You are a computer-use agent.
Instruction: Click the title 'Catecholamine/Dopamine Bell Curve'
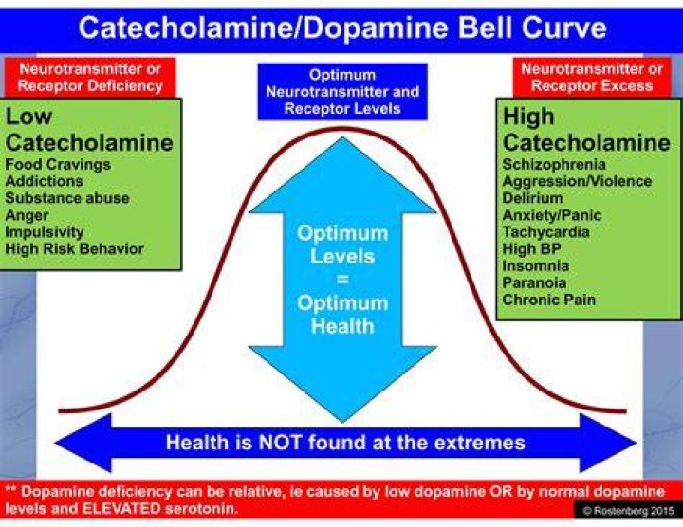point(342,27)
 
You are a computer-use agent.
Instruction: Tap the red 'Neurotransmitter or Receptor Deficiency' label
point(90,78)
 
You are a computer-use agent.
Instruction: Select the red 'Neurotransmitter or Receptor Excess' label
point(592,78)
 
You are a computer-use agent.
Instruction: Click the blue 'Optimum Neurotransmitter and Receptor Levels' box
point(342,91)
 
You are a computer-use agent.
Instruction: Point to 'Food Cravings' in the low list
point(58,165)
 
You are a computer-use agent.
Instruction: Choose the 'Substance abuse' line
point(67,198)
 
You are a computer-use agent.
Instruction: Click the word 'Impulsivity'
point(45,232)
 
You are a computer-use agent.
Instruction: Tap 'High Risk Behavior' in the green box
point(75,249)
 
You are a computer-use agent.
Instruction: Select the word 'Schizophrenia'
point(554,165)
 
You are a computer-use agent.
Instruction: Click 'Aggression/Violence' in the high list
point(577,181)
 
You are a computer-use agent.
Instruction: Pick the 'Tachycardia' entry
point(546,232)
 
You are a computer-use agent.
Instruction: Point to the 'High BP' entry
point(532,249)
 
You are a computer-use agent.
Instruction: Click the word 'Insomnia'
point(536,266)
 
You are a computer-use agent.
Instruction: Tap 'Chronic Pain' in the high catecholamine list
point(549,300)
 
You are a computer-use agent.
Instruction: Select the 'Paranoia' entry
point(534,282)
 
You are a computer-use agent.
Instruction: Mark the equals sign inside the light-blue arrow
point(342,280)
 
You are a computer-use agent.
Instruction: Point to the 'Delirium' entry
point(533,198)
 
